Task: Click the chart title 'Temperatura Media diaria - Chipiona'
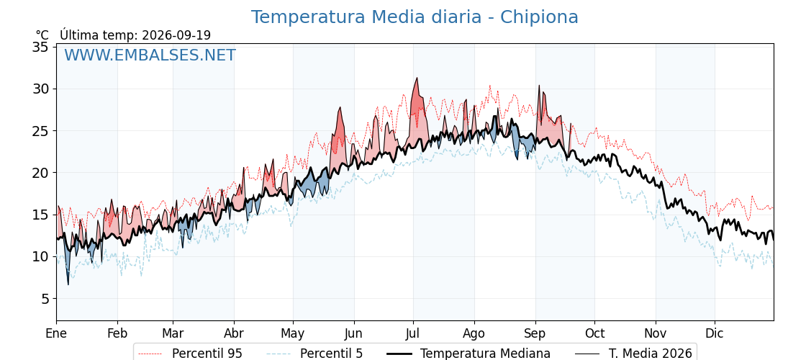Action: click(x=415, y=17)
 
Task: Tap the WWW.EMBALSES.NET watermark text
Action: click(x=150, y=55)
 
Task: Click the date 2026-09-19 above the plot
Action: click(x=176, y=35)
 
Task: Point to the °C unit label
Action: click(x=42, y=35)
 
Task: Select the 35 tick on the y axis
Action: click(x=40, y=48)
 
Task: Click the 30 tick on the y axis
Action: click(x=40, y=89)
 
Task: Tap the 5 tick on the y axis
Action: click(x=44, y=298)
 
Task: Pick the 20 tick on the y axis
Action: click(x=40, y=173)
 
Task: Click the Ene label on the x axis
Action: click(x=56, y=334)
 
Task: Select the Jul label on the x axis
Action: click(x=413, y=334)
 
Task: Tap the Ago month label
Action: click(x=474, y=334)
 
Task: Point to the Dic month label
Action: click(x=715, y=334)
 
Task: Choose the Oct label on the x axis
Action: click(x=594, y=334)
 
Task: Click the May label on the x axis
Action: click(x=293, y=334)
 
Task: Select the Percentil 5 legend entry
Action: click(x=314, y=354)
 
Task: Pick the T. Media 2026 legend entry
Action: click(x=633, y=354)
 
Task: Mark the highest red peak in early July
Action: click(x=417, y=78)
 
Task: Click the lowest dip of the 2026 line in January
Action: click(x=68, y=284)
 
